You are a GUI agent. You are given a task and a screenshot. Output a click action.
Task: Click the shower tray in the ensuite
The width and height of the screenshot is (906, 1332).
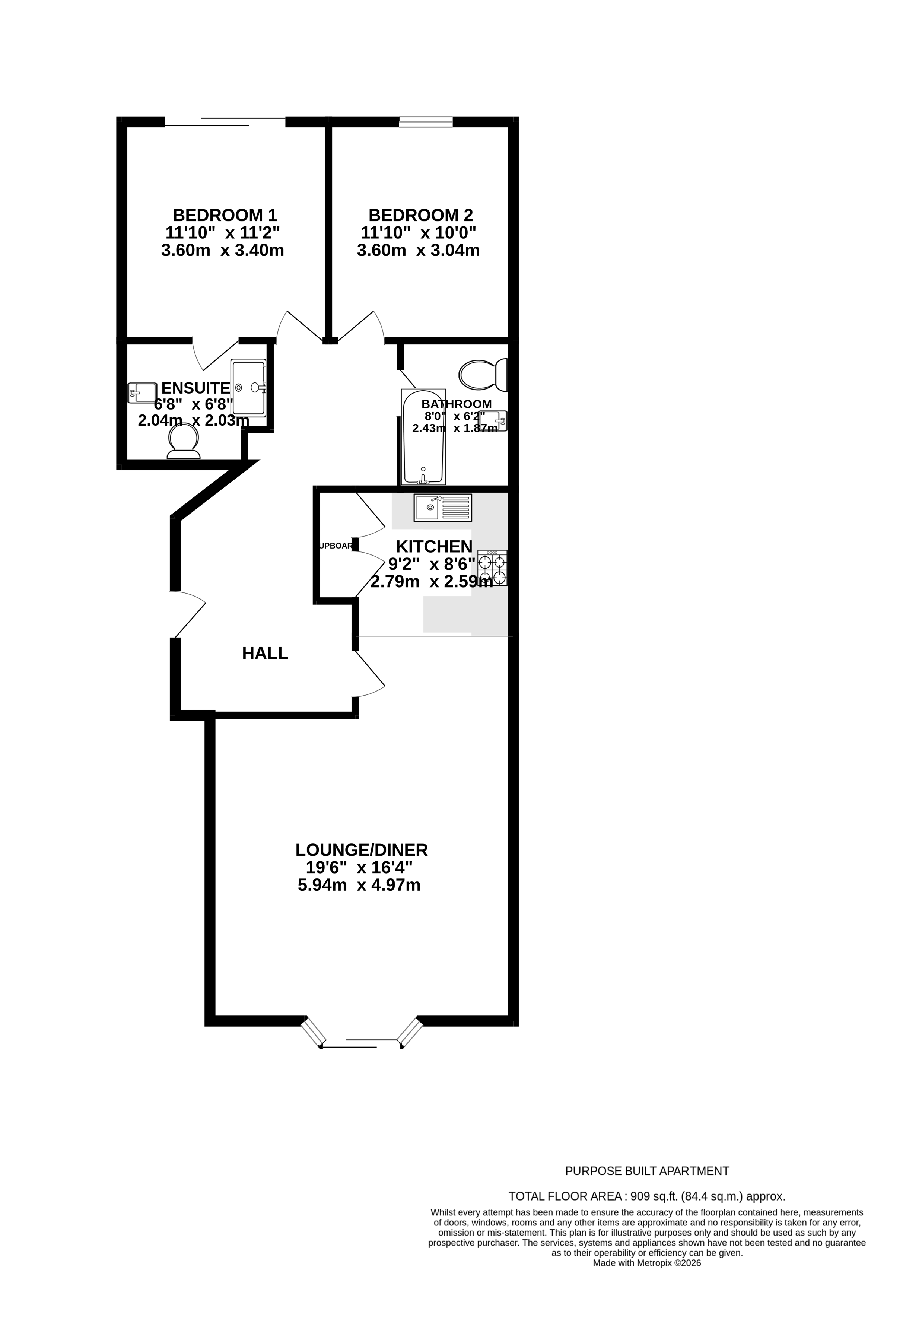click(x=248, y=387)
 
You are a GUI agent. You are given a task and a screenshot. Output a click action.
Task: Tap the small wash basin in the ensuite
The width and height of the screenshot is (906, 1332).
click(x=142, y=393)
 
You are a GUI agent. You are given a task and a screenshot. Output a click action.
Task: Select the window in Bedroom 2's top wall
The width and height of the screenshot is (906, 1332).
click(x=425, y=121)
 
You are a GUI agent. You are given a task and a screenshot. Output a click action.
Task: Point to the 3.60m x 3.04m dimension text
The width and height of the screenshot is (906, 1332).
click(x=418, y=251)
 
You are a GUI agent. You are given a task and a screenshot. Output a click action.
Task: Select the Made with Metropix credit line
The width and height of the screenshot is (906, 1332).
click(x=646, y=1263)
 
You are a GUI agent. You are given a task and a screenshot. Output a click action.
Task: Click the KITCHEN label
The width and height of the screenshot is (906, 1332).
click(x=434, y=546)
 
